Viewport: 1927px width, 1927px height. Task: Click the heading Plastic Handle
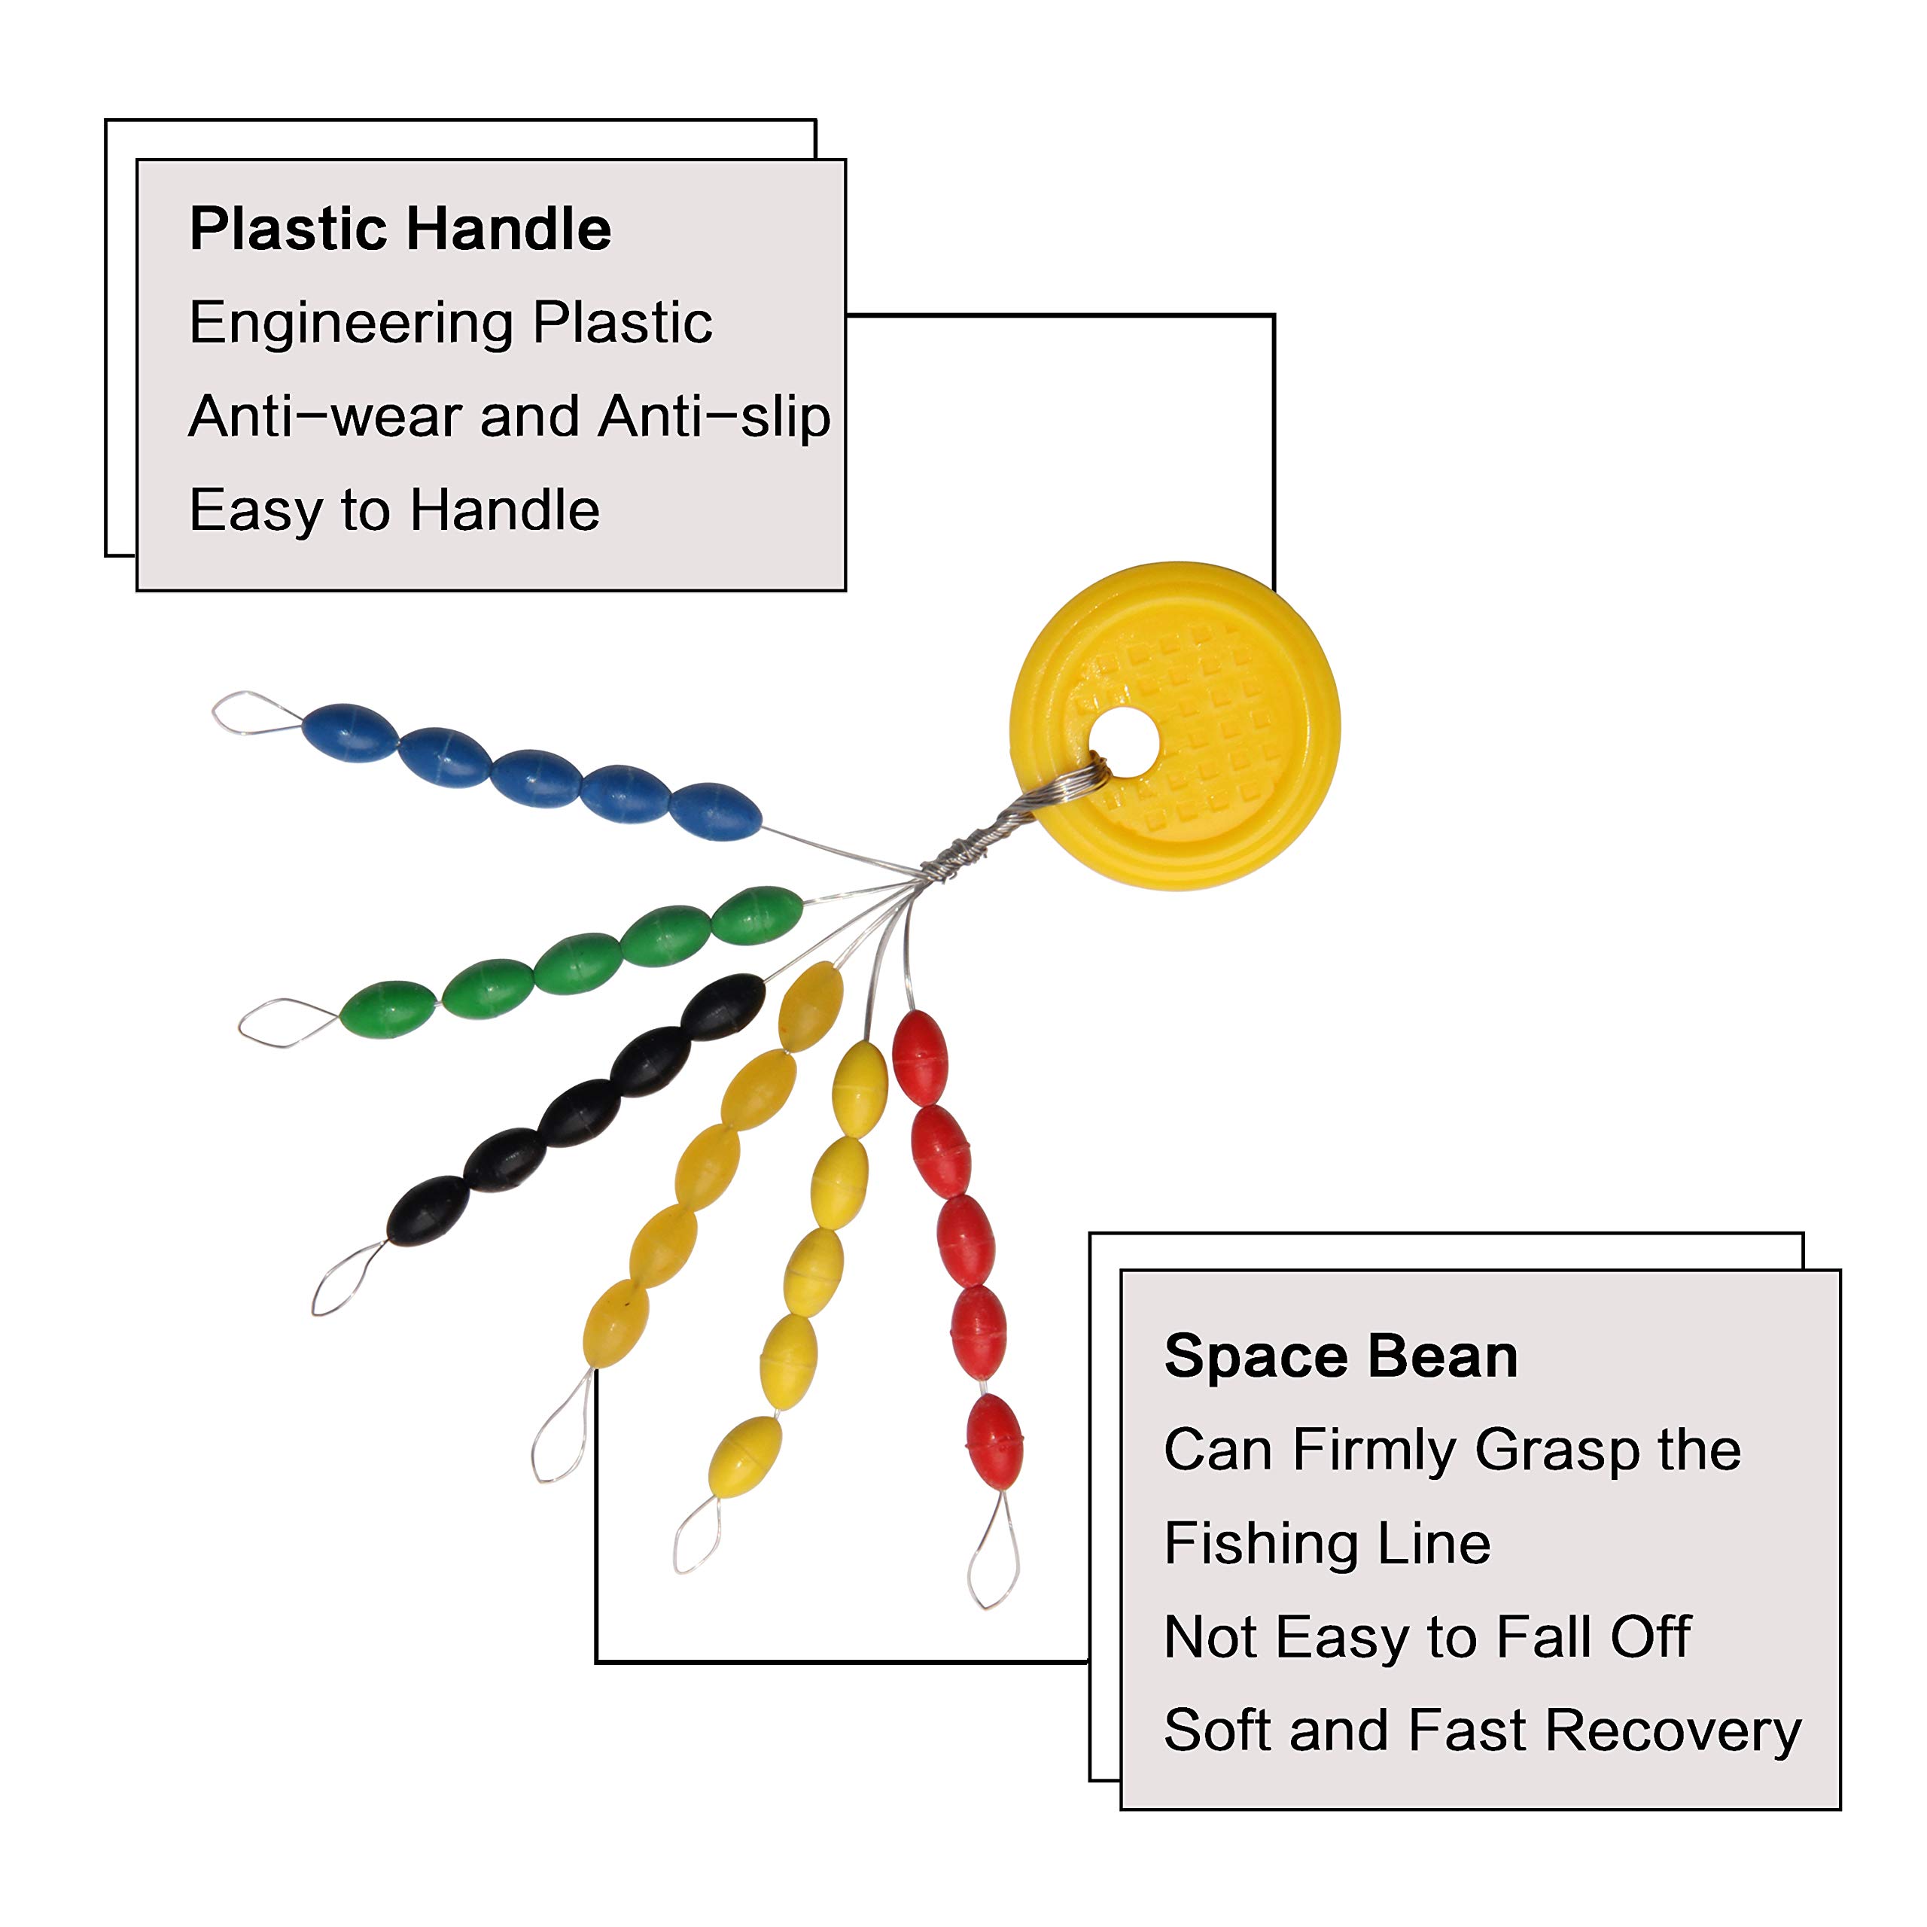tap(400, 230)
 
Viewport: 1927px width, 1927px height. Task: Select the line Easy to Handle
tap(394, 510)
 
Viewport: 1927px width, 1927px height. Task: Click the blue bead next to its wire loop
tap(349, 733)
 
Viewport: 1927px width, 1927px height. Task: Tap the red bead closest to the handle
tap(918, 1058)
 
